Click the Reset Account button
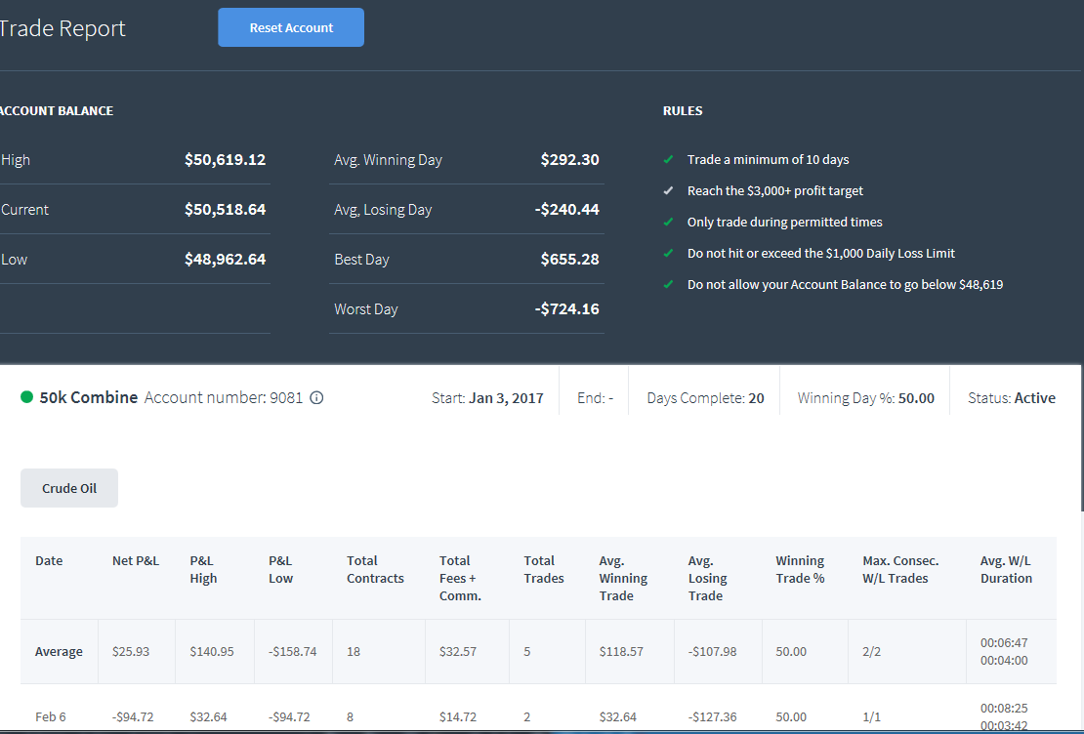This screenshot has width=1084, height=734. [291, 27]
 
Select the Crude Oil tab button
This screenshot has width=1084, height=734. [69, 488]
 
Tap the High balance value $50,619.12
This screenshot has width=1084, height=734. [225, 160]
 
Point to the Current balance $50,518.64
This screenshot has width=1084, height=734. [225, 210]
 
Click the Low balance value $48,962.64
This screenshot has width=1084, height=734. [225, 260]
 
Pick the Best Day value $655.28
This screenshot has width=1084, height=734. [569, 260]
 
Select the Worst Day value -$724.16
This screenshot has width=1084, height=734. [566, 309]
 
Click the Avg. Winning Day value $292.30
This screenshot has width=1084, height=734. [569, 160]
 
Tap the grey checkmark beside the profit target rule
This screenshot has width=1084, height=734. [668, 190]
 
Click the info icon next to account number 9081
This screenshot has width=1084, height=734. [316, 397]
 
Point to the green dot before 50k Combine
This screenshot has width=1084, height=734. [27, 396]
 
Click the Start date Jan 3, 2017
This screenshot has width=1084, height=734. [506, 398]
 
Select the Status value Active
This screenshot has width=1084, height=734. [1035, 398]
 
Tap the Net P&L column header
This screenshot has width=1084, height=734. [136, 560]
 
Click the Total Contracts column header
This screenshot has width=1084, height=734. [375, 569]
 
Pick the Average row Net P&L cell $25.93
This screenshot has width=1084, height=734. [131, 652]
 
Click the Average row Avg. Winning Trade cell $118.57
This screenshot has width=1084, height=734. [621, 652]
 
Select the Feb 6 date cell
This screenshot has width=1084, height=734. [51, 716]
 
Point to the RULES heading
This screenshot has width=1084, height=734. [683, 110]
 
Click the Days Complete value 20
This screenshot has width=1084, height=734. [756, 398]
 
